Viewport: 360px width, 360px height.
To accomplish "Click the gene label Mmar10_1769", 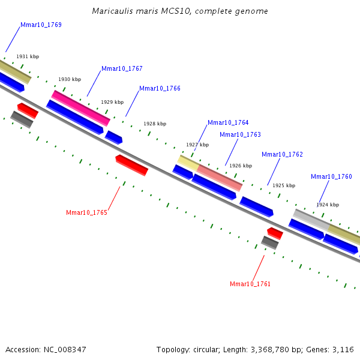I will tap(41, 25).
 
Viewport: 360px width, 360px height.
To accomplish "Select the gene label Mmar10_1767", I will tap(122, 69).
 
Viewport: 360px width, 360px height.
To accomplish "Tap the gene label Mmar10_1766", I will tap(160, 89).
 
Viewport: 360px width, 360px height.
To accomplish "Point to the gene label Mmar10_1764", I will tap(228, 123).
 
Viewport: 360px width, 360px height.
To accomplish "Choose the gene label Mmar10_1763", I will tap(240, 135).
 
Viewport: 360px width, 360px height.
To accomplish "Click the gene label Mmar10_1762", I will tap(282, 155).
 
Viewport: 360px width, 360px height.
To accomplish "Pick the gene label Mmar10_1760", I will tap(331, 177).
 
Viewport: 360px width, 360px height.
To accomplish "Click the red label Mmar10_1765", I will tap(86, 213).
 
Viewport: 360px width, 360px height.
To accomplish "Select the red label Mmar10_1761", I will tap(250, 284).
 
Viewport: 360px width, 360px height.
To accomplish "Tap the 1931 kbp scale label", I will tap(28, 56).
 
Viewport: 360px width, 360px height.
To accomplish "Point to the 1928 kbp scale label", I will tap(155, 124).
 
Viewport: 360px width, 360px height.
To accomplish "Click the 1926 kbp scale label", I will tap(241, 166).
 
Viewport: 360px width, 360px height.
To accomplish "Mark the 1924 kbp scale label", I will tap(328, 205).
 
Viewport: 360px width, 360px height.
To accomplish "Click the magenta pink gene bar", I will tap(81, 108).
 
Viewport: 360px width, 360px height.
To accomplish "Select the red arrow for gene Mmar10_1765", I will tap(131, 165).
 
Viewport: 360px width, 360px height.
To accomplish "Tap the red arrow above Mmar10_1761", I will tap(275, 233).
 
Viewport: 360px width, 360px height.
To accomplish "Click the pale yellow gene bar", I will tap(188, 162).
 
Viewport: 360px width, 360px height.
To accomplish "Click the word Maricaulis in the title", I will tap(111, 11).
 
